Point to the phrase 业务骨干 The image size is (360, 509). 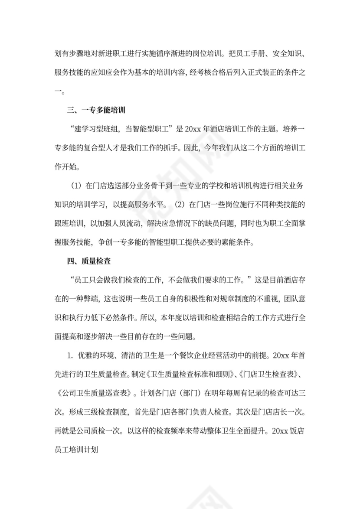coord(147,186)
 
